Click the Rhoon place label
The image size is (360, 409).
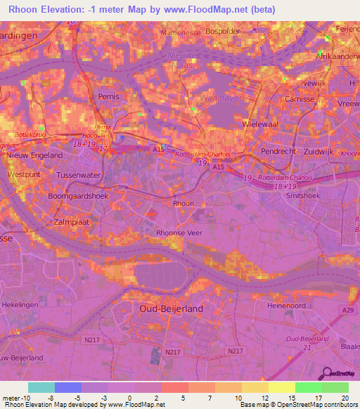coord(184,202)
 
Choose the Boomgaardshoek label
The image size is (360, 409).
coord(78,196)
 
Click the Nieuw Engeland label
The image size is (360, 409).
coord(35,155)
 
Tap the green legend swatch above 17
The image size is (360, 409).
coord(308,388)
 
